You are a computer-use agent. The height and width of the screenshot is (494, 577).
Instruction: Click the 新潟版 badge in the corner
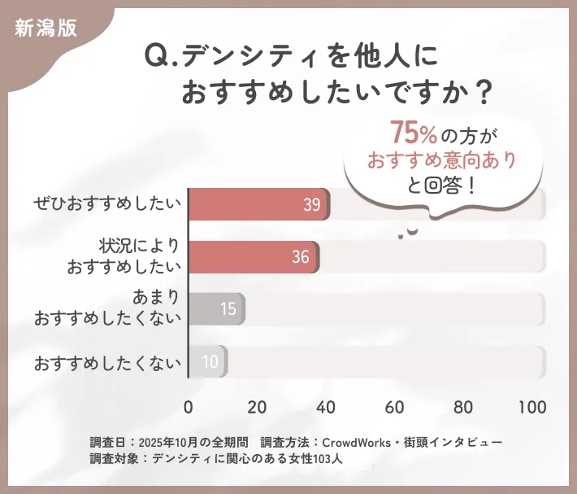[46, 27]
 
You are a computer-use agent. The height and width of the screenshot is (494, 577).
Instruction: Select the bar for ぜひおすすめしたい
[258, 205]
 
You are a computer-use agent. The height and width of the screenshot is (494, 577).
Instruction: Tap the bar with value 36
[254, 257]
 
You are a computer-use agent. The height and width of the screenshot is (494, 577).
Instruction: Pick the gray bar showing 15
[216, 309]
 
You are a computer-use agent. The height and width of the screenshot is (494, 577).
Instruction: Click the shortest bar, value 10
[207, 361]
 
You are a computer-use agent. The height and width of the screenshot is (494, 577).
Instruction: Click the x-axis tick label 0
[189, 407]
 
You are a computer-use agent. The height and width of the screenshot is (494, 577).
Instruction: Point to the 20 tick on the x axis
[258, 407]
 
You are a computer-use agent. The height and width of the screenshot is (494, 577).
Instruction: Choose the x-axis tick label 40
[326, 407]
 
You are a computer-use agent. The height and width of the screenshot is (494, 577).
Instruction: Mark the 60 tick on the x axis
[395, 407]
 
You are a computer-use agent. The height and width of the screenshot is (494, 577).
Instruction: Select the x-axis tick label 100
[532, 407]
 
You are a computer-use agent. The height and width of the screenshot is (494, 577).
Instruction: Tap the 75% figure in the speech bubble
[414, 132]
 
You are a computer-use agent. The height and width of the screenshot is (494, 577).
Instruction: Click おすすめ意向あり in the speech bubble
[442, 159]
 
